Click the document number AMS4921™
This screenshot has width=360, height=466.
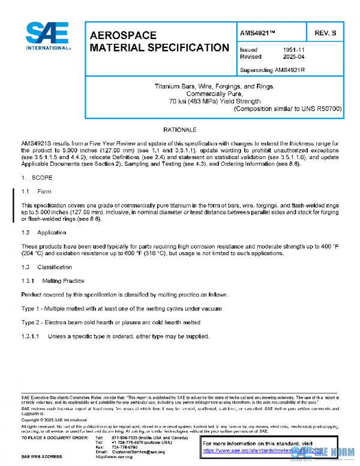pyautogui.click(x=257, y=32)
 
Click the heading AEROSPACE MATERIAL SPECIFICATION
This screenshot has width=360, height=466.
pyautogui.click(x=158, y=41)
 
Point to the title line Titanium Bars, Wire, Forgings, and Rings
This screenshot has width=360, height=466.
pyautogui.click(x=214, y=87)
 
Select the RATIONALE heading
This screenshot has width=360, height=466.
pyautogui.click(x=179, y=130)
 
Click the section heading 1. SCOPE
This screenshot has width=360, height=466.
pyautogui.click(x=37, y=178)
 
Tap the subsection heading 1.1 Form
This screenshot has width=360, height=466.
pyautogui.click(x=37, y=192)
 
